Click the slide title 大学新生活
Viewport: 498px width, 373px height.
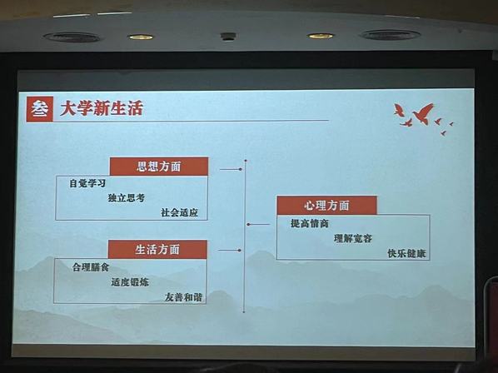click(x=102, y=108)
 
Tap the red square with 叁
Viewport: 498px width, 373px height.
click(x=40, y=109)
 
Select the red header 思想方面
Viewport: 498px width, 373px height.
click(x=159, y=167)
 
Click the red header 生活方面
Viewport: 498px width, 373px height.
click(x=157, y=250)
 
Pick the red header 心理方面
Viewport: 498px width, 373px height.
click(x=326, y=206)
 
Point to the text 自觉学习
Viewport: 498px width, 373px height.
click(x=87, y=183)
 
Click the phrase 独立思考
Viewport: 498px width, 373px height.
click(x=126, y=198)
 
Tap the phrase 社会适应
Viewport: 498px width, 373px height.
click(x=179, y=212)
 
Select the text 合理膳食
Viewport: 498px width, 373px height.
click(x=91, y=267)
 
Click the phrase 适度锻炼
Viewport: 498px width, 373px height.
click(x=130, y=282)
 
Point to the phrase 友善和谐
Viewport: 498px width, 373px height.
click(x=183, y=297)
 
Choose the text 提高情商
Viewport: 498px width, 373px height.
click(x=310, y=223)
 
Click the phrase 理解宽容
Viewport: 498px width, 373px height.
click(x=353, y=238)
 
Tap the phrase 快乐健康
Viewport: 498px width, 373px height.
click(x=406, y=253)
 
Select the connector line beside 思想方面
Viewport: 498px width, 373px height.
click(x=231, y=170)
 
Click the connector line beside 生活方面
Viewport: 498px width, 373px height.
click(x=230, y=251)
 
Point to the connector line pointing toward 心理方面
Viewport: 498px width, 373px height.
click(x=258, y=225)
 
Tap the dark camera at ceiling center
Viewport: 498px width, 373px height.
click(x=228, y=36)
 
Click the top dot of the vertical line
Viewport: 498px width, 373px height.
click(x=246, y=161)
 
